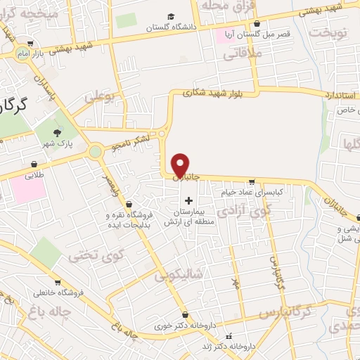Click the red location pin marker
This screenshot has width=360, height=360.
point(181,165)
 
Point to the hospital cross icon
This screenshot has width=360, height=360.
point(188,200)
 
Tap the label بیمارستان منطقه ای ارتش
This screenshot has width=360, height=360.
point(187,217)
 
